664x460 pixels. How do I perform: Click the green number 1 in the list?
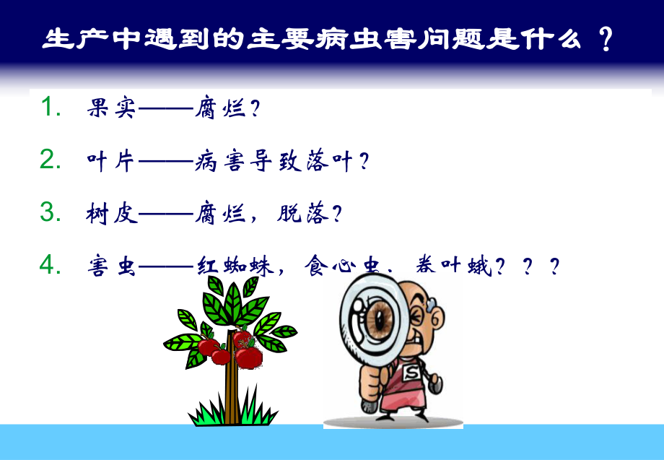point(49,108)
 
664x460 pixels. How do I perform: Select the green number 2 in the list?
point(50,160)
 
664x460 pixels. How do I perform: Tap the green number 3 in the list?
point(50,213)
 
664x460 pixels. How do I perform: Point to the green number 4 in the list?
point(50,266)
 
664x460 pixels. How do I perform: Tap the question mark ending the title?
point(606,39)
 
